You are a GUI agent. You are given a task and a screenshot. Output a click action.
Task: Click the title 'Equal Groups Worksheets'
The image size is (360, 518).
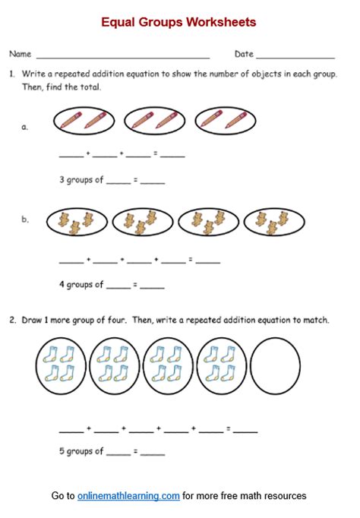point(179,22)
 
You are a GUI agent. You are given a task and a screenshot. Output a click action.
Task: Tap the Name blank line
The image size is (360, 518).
point(122,56)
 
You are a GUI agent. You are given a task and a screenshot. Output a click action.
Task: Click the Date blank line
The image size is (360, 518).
point(295,56)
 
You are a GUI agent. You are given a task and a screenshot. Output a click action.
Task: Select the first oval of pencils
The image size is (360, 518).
point(84,120)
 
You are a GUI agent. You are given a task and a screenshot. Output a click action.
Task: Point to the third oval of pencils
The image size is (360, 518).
point(225,120)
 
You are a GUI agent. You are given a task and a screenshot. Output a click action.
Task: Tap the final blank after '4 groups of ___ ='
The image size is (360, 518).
point(153,287)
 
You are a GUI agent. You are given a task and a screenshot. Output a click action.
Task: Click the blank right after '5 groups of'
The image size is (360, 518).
point(118,453)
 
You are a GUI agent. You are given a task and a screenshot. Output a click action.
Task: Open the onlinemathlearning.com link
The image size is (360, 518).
point(128,496)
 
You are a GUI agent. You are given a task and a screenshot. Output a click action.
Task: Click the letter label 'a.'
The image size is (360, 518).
point(25,127)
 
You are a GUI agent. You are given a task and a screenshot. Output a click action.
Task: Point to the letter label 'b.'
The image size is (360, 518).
point(25,220)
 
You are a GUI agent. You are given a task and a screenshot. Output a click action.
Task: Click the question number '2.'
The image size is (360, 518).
point(13,321)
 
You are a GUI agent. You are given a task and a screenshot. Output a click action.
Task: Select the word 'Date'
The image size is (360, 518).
point(244,54)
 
